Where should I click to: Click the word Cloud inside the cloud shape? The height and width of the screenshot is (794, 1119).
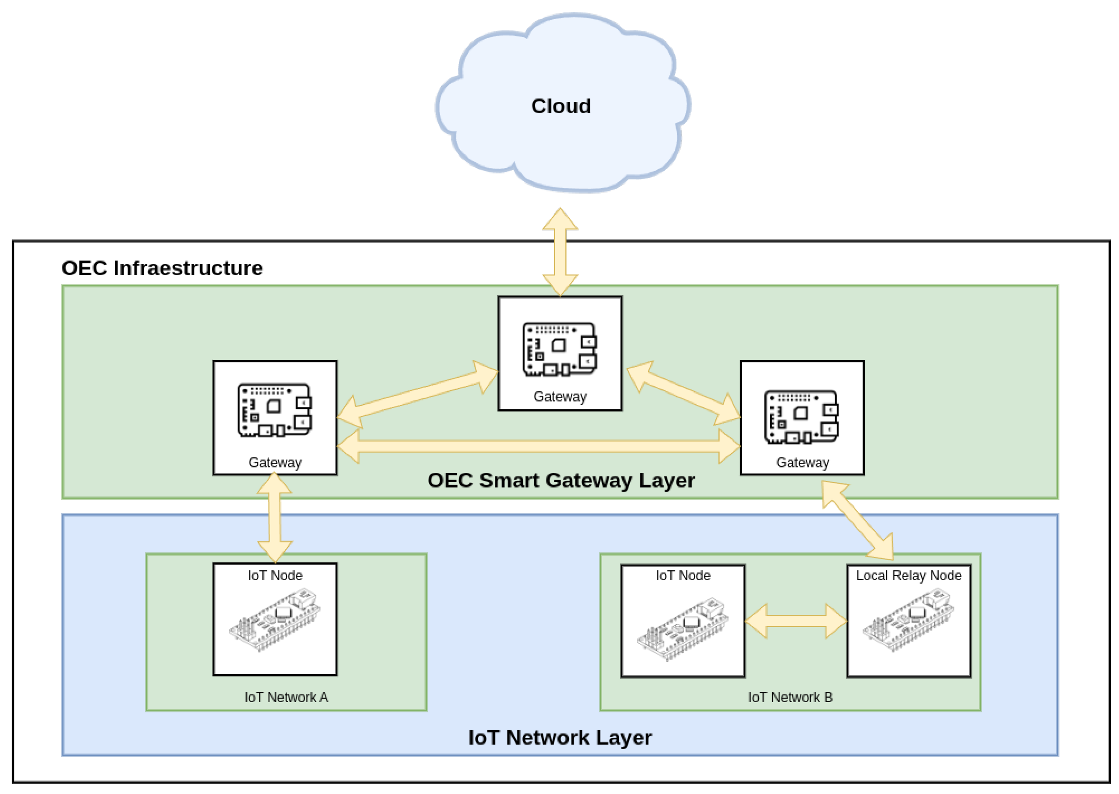[x=561, y=106]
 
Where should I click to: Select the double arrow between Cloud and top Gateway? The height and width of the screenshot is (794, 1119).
[x=560, y=252]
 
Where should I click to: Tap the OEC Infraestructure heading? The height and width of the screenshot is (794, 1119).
[x=162, y=268]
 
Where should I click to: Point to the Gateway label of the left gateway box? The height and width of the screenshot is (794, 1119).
[x=275, y=462]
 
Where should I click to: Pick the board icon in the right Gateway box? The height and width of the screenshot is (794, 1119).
[x=802, y=417]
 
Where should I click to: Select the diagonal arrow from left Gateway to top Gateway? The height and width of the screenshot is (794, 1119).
[x=417, y=395]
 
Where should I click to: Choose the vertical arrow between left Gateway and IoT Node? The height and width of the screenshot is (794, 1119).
[x=275, y=518]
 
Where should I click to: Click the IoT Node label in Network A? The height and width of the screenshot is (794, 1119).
[x=275, y=575]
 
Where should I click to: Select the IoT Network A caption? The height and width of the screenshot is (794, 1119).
[x=286, y=697]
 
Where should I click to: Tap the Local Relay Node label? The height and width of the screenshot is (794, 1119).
[x=908, y=575]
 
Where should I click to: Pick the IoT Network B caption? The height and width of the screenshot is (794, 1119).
[x=790, y=697]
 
